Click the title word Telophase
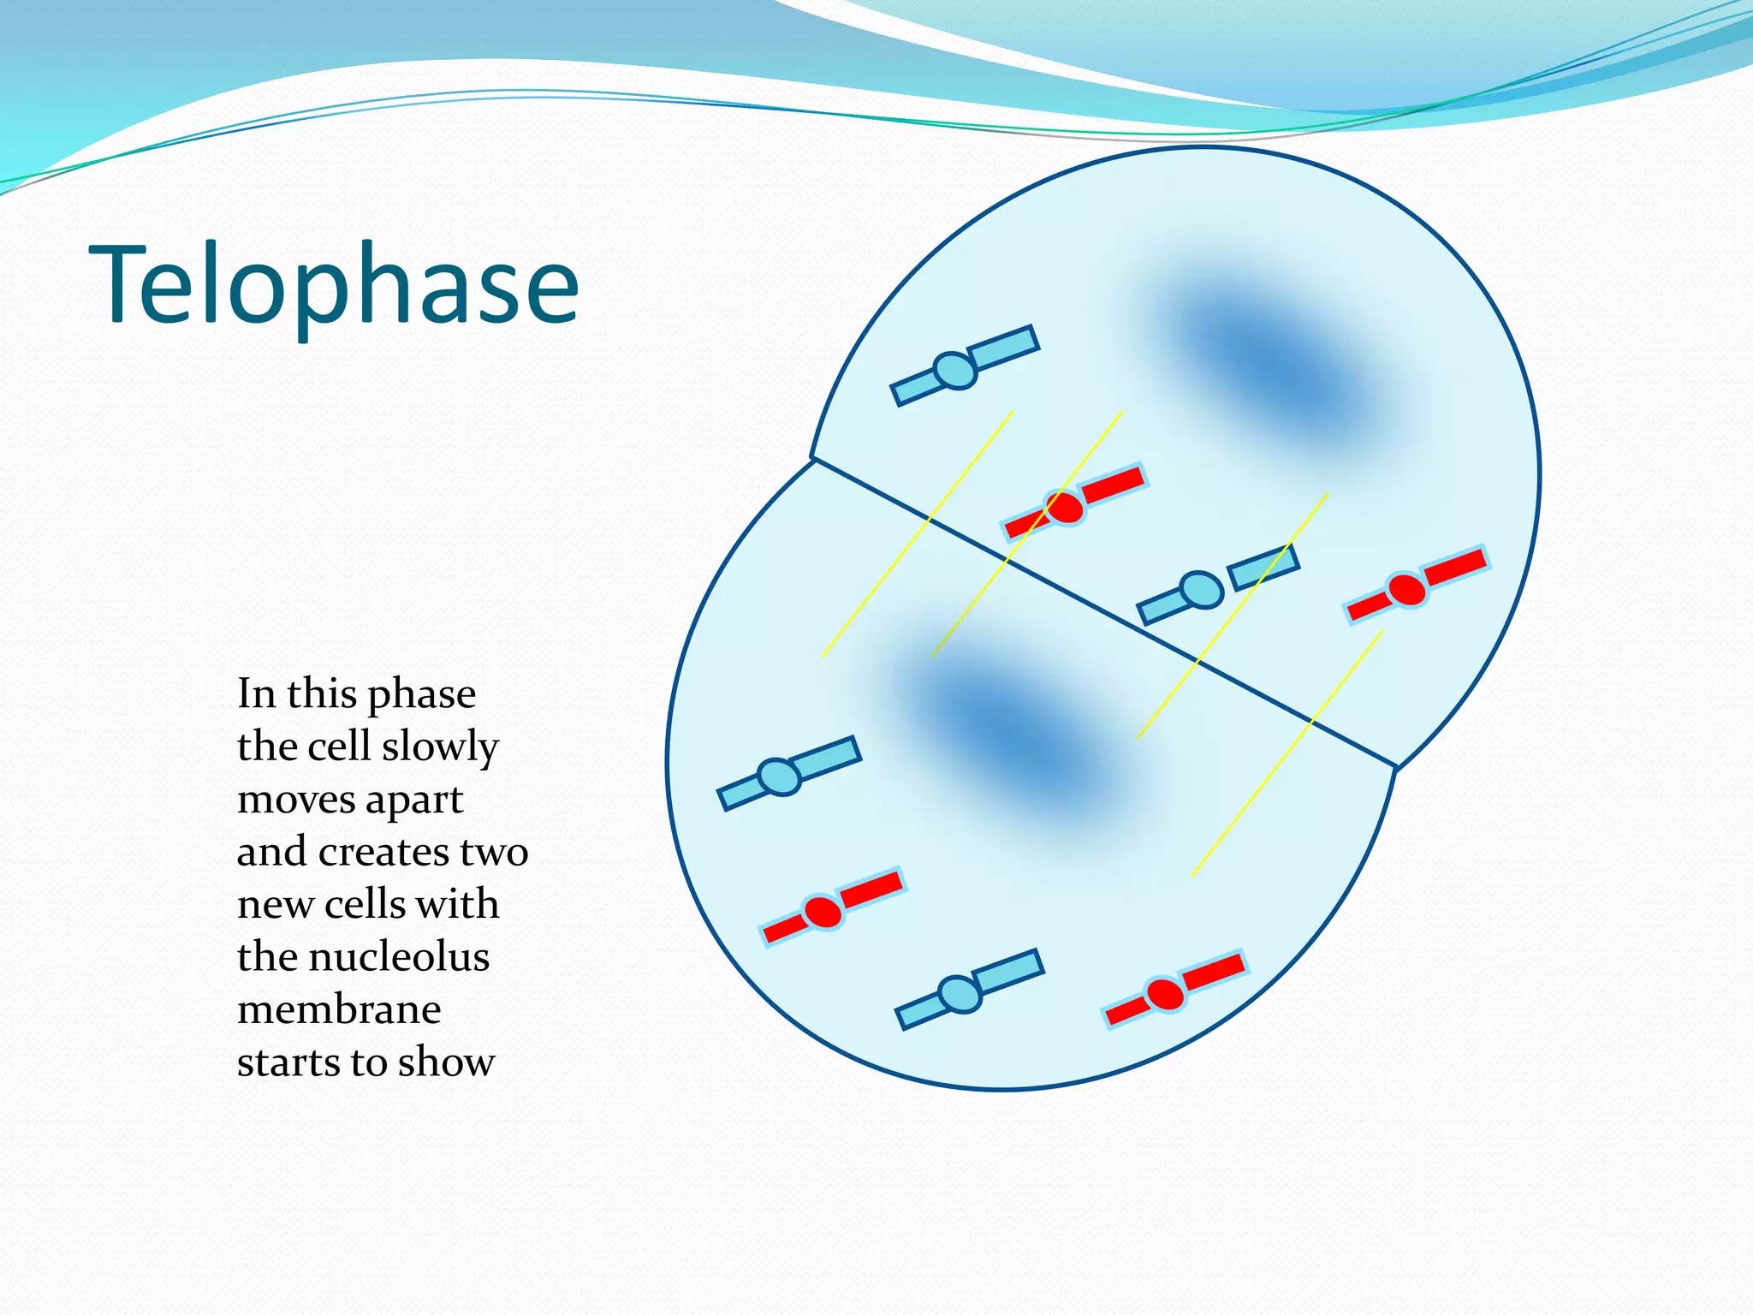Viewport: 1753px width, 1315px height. click(334, 284)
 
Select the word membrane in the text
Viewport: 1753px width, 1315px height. click(339, 1009)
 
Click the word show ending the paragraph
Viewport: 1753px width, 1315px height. click(446, 1062)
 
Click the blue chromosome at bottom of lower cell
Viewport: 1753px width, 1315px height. click(967, 990)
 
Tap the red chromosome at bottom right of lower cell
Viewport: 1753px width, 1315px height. click(1173, 991)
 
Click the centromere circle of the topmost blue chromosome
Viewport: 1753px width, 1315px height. click(955, 371)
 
